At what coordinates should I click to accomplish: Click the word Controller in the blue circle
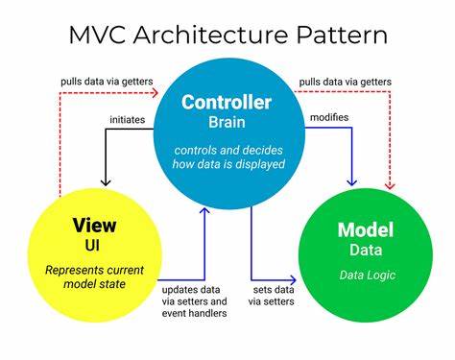pos(227,103)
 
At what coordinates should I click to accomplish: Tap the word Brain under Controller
pos(227,122)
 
